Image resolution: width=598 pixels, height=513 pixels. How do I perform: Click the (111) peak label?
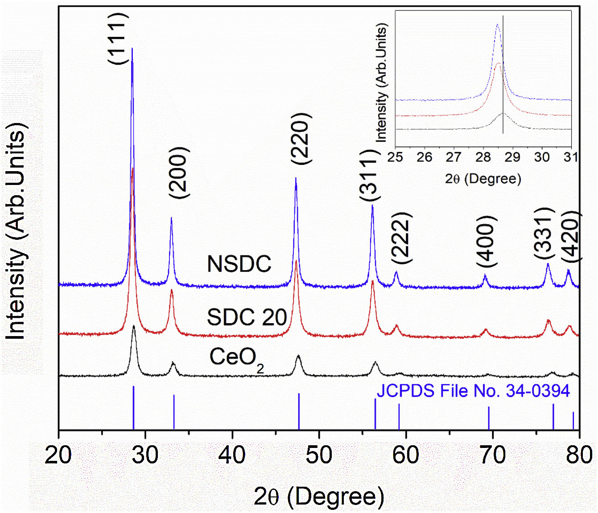[118, 38]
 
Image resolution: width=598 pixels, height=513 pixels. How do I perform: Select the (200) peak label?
[179, 172]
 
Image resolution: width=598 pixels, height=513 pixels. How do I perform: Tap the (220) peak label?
[300, 138]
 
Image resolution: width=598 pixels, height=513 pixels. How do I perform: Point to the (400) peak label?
[486, 241]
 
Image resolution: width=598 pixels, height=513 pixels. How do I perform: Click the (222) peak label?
[401, 238]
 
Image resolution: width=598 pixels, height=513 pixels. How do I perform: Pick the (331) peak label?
[544, 233]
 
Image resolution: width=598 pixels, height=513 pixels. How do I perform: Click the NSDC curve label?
[239, 264]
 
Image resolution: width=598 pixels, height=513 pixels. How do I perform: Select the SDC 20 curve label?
[247, 317]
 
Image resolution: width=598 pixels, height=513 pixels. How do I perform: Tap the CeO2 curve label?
[236, 358]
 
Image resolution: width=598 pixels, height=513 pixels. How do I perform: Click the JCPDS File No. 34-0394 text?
[473, 391]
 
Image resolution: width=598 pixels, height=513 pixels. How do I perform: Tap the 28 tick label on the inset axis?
[483, 157]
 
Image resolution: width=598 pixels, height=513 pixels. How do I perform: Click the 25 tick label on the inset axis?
[395, 157]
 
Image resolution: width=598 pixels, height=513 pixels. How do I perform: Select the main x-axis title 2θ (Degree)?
[319, 496]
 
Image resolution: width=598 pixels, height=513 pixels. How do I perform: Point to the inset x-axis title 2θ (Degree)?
[483, 179]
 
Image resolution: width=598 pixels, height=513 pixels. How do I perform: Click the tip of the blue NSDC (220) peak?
[296, 178]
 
